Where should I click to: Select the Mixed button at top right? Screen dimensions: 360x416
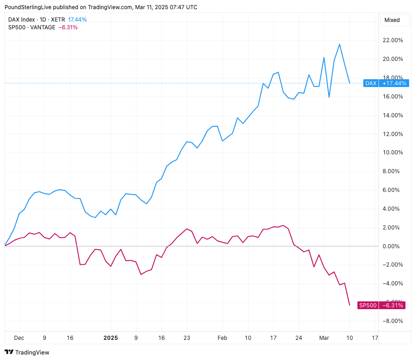(x=392, y=20)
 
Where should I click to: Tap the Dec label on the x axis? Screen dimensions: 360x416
(x=19, y=338)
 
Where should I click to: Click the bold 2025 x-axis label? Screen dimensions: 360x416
(x=110, y=338)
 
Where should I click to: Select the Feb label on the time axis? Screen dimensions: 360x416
(x=222, y=338)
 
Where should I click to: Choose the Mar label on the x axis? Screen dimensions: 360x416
(x=324, y=338)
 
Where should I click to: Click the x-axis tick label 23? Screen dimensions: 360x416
(x=187, y=338)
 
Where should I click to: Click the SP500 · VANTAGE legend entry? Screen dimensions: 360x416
(x=32, y=27)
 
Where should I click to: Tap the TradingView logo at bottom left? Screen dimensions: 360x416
(x=27, y=352)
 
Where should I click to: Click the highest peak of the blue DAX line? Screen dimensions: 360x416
(x=339, y=44)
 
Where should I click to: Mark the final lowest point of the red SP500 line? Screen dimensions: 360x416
(x=350, y=305)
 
